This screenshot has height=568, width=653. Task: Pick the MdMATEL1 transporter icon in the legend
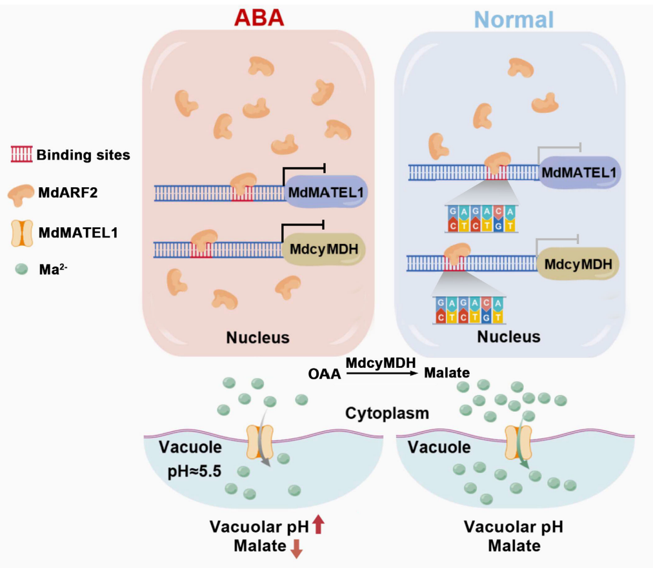(x=23, y=231)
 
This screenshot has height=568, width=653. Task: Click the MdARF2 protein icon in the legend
(x=23, y=193)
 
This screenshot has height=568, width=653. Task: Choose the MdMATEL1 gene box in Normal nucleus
(x=579, y=172)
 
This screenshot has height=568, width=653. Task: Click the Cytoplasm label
(x=387, y=412)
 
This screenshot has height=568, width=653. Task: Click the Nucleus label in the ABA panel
(x=257, y=337)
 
